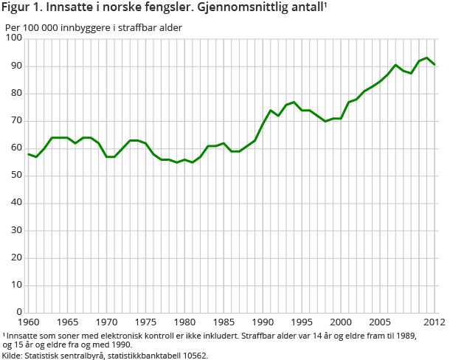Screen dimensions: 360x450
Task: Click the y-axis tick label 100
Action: click(x=13, y=38)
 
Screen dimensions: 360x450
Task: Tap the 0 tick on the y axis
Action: click(x=19, y=312)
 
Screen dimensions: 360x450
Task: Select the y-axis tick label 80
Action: click(x=16, y=94)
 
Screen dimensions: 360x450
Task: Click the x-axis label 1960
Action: click(x=28, y=322)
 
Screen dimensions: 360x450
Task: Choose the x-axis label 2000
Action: click(x=340, y=322)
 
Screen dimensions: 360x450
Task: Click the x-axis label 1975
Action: click(x=145, y=322)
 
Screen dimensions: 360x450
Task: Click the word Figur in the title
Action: click(x=18, y=9)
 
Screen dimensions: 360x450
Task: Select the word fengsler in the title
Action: click(x=164, y=9)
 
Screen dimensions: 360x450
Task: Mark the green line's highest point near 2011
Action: click(x=427, y=58)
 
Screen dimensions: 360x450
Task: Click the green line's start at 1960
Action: click(x=28, y=153)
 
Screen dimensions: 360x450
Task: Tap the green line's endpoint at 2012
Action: click(x=435, y=64)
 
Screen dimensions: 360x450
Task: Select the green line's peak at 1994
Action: click(x=294, y=102)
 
